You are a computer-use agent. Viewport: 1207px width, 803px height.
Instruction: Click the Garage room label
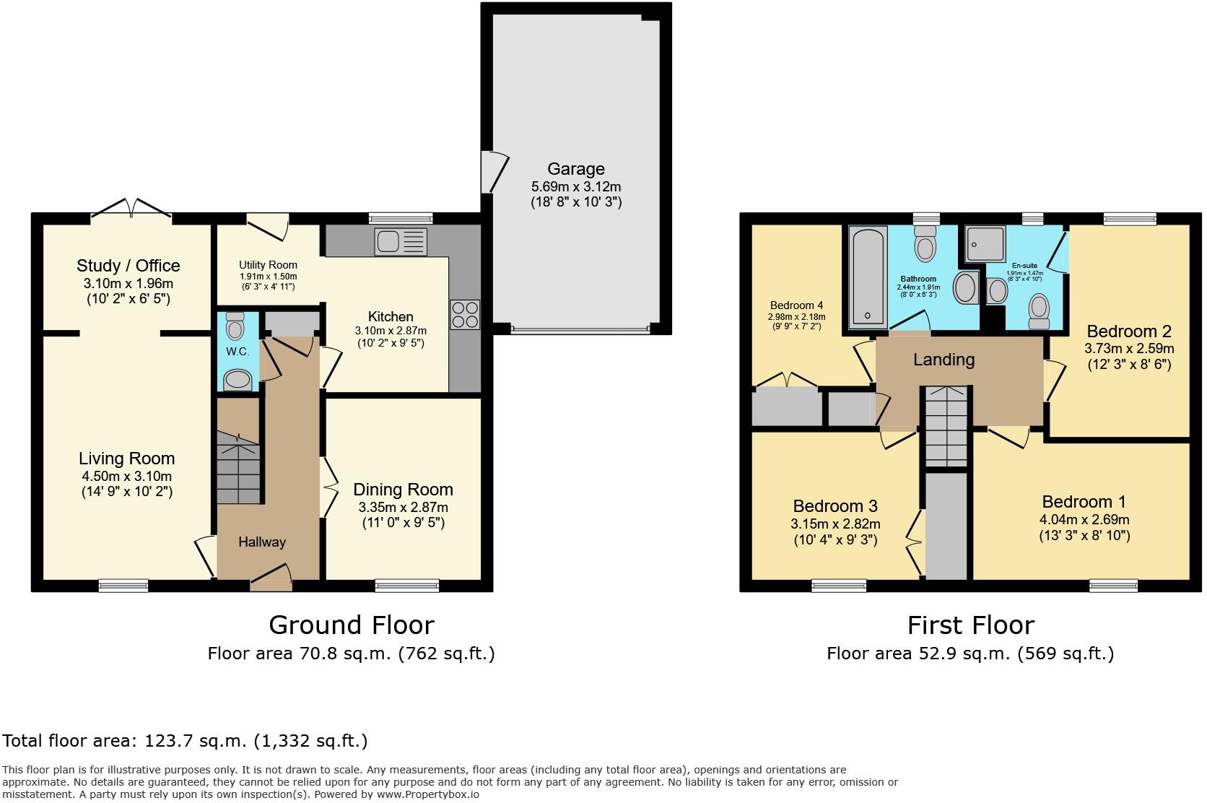575,169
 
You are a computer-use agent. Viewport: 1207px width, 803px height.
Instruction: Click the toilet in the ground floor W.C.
235,326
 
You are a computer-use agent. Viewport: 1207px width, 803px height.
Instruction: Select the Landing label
944,360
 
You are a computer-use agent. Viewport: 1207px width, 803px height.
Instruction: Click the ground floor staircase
238,468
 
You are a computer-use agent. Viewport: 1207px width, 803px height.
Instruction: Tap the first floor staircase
946,426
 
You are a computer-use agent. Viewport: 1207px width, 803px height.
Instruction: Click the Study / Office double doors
131,209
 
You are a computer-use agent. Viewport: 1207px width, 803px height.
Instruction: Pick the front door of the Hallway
271,577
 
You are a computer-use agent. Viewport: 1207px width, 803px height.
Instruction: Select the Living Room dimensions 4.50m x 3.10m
126,476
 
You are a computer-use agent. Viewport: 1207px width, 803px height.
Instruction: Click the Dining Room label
403,490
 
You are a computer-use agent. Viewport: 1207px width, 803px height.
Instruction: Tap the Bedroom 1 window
1113,585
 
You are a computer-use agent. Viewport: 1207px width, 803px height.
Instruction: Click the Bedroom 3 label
836,506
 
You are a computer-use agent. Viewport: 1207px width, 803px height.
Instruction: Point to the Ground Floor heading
351,625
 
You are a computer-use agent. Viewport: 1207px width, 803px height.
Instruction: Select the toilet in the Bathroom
925,243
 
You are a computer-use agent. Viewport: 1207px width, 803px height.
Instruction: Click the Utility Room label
268,265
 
